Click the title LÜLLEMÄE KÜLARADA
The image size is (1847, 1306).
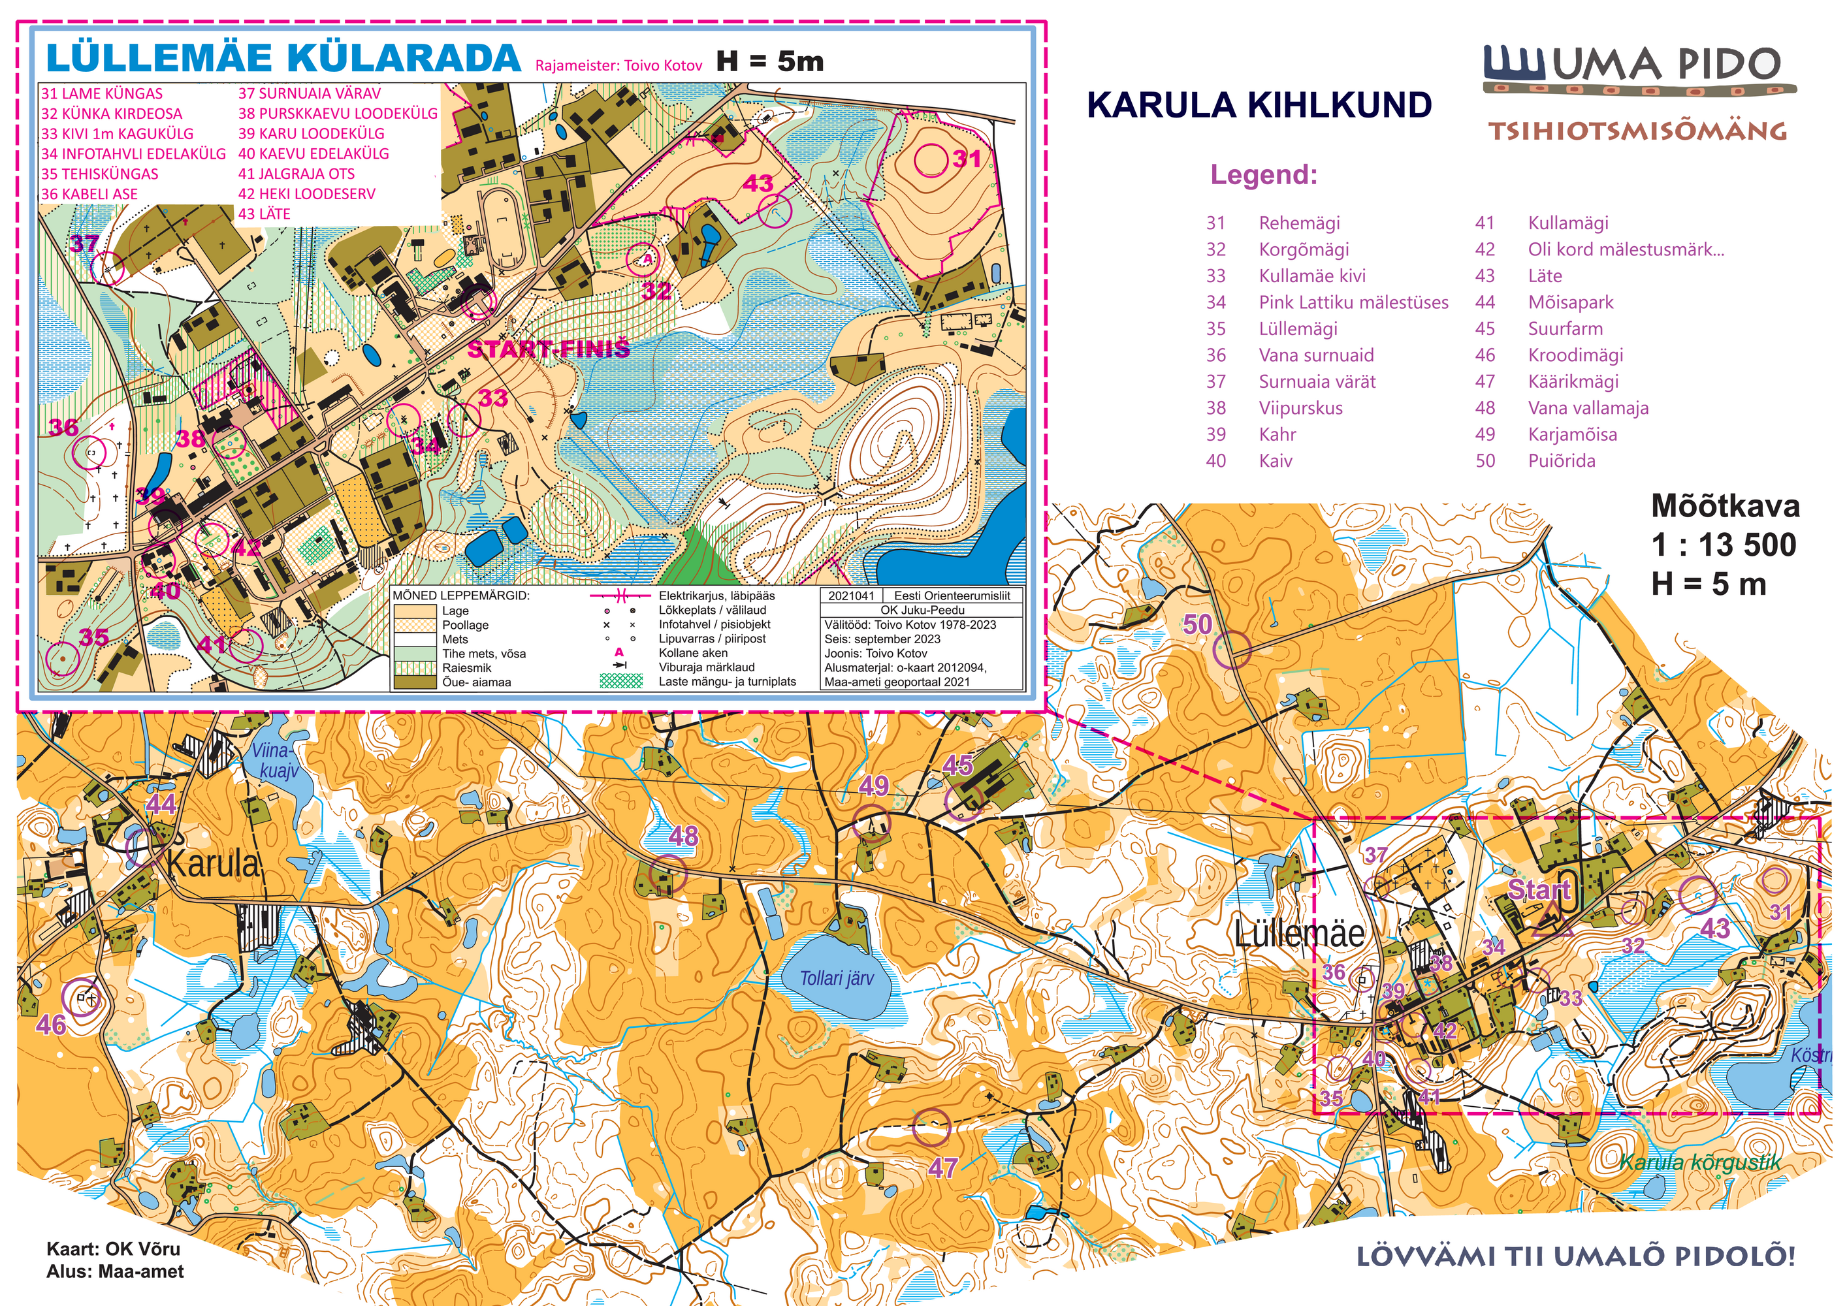coord(283,59)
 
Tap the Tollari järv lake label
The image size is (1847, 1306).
coord(836,979)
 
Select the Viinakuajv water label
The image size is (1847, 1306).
coord(274,761)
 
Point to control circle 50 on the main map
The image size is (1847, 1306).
coord(1232,650)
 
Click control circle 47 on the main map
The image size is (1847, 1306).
coord(931,1126)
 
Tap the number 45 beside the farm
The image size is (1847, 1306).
coord(957,765)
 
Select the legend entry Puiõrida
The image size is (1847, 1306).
coord(1561,461)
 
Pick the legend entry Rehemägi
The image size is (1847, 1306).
coord(1299,223)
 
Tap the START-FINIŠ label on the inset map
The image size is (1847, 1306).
coord(549,349)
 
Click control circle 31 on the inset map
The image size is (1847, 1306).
coord(931,159)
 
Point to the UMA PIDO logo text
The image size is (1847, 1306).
coord(1665,65)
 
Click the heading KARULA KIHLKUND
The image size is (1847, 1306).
coord(1259,105)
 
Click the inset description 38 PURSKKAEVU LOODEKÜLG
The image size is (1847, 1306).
coord(338,114)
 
